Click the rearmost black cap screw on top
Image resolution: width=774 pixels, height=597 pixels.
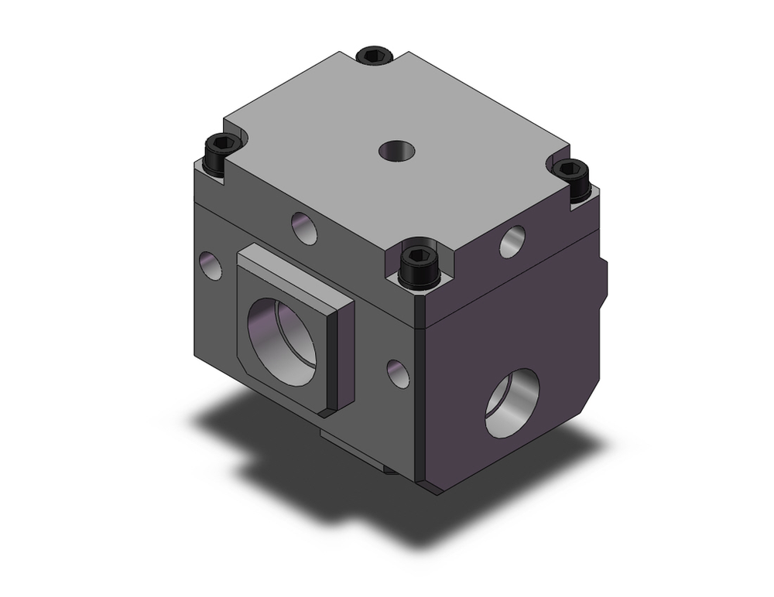[375, 56]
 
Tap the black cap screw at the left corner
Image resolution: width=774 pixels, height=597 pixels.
[220, 151]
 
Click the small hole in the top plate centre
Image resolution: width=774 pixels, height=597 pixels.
[396, 150]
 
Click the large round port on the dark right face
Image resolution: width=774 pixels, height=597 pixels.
[512, 403]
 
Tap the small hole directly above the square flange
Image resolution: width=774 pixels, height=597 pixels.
[304, 227]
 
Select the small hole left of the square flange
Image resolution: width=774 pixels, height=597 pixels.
[210, 265]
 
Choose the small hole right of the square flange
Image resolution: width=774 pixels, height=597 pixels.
[398, 373]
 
